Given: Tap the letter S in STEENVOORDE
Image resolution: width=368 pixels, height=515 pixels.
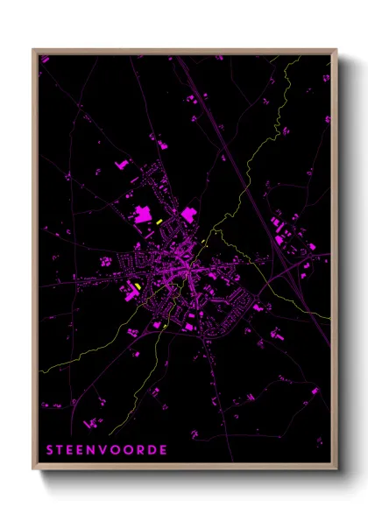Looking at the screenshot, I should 49,450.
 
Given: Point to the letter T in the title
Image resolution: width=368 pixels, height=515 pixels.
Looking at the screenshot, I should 60,450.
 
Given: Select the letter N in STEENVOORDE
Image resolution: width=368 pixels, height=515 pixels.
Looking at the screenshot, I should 96,450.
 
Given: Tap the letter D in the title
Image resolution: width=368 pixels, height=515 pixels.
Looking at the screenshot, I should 153,450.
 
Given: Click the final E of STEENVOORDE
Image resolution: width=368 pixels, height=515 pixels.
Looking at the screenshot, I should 165,450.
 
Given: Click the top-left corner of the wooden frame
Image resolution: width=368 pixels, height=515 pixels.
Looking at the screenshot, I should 33,49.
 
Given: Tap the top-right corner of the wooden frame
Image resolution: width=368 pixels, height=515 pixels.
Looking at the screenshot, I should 336,49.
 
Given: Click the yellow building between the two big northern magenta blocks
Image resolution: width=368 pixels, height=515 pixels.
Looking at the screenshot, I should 159,222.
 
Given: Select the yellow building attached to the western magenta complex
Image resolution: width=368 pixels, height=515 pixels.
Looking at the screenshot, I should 138,286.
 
